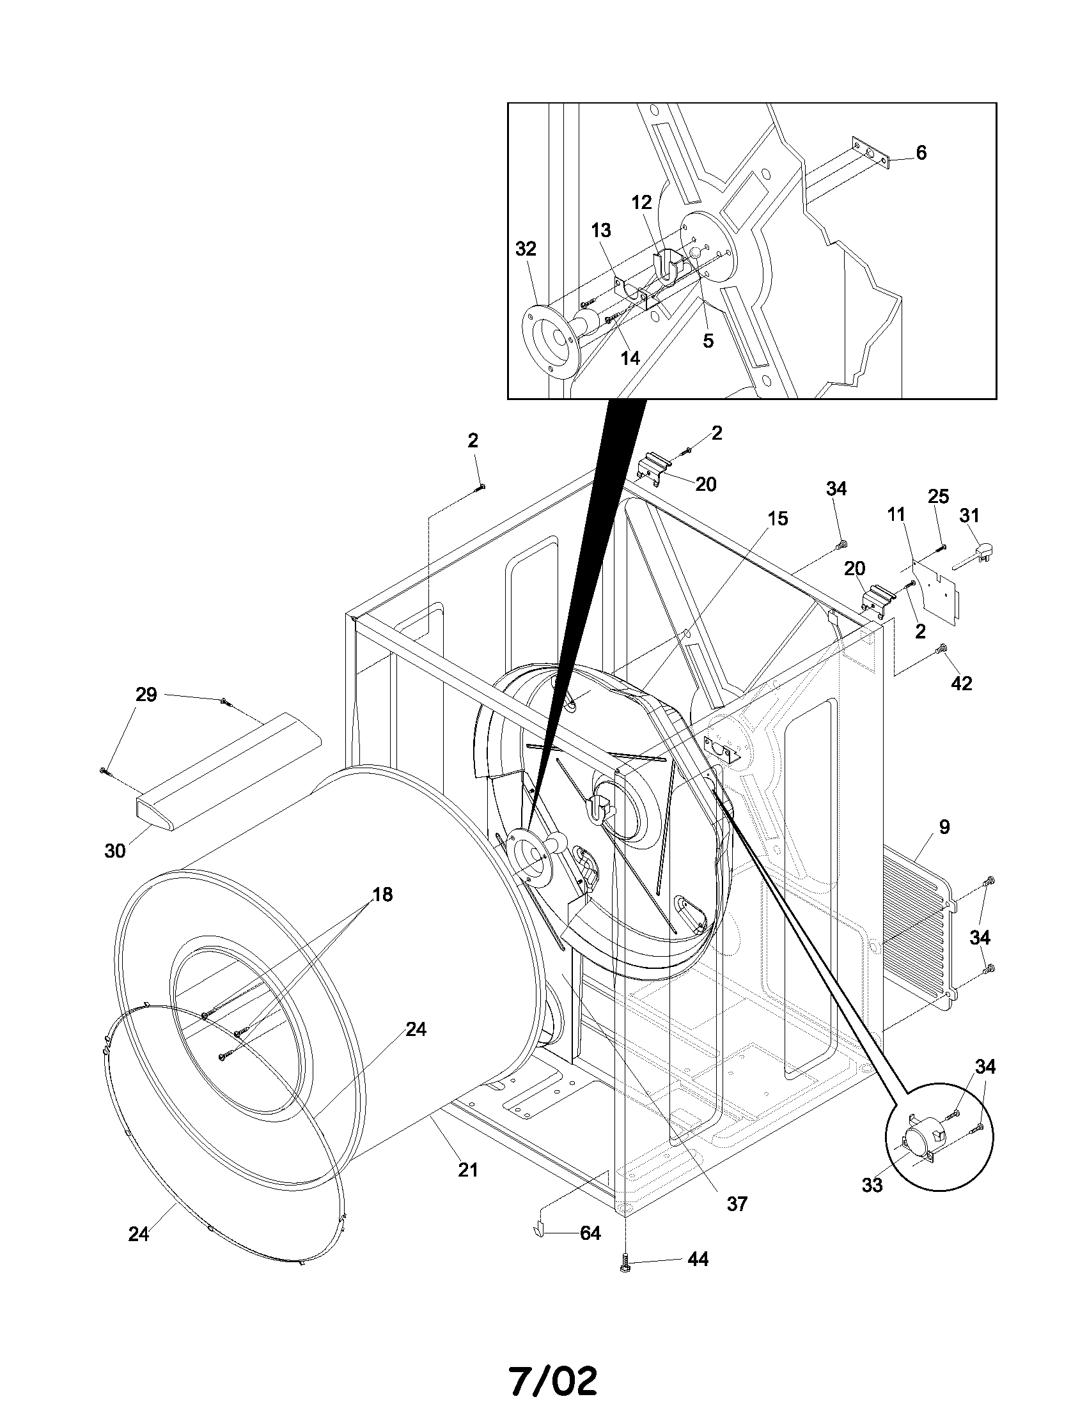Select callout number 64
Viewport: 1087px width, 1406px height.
click(590, 1232)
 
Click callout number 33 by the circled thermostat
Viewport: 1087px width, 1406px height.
click(872, 1184)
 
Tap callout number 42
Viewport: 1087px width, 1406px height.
click(962, 683)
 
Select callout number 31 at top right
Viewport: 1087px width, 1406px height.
click(969, 515)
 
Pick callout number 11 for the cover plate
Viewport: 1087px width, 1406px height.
click(896, 514)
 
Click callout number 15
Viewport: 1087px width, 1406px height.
click(778, 518)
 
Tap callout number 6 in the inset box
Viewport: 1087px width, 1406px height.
click(921, 153)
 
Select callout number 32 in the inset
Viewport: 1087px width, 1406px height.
click(526, 249)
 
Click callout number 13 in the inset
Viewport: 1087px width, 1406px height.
click(601, 230)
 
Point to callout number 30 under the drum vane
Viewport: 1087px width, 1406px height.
click(114, 851)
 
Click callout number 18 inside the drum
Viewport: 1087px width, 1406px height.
click(382, 894)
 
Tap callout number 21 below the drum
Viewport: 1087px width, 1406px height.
click(468, 1170)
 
